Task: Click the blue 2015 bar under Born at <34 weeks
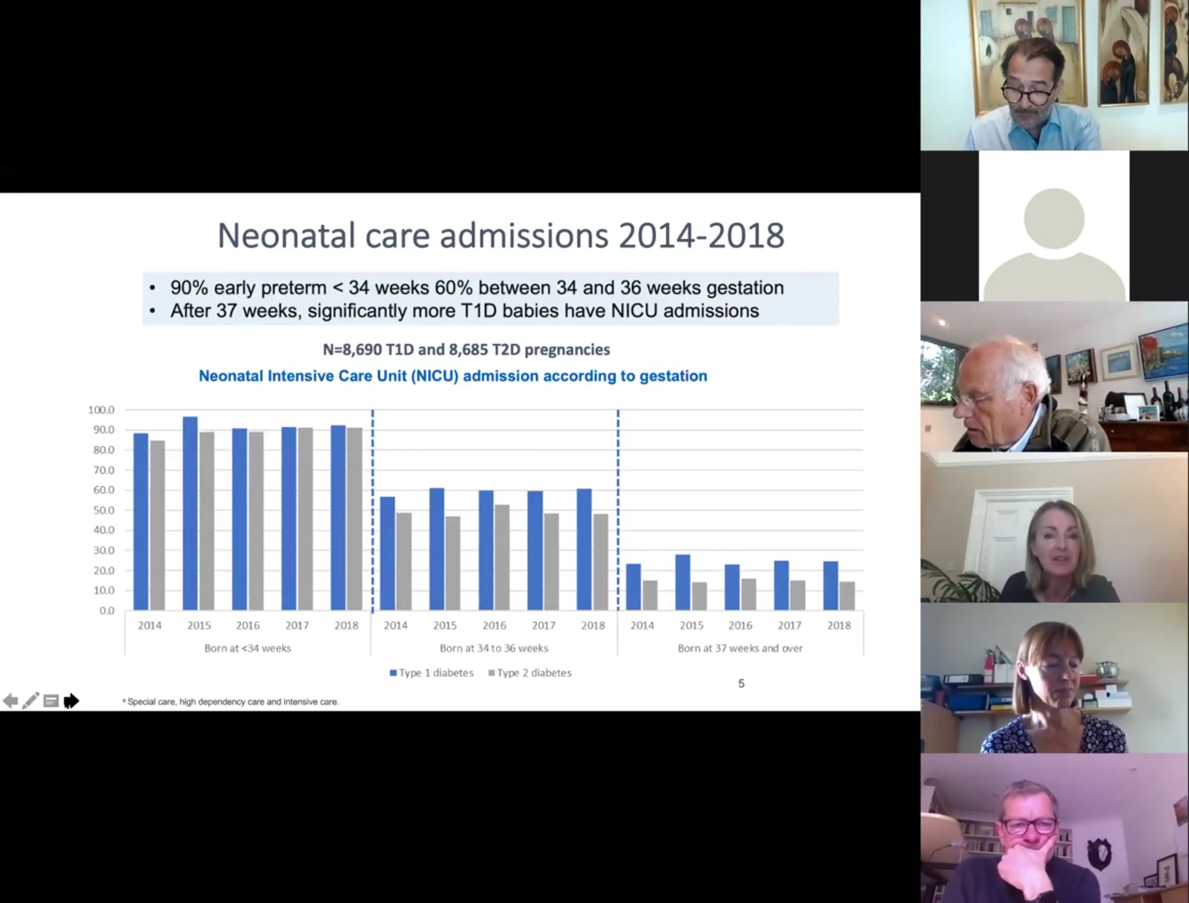190,513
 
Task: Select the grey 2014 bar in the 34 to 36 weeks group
404,561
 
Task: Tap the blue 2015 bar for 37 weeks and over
683,582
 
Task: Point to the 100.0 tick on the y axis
102,410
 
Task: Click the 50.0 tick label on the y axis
104,510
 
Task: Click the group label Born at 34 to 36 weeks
494,648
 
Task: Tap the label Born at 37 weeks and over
740,648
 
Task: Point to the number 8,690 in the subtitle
361,350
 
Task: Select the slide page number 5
741,684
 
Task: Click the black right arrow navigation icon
71,701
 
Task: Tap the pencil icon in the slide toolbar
31,700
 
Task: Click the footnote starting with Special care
230,702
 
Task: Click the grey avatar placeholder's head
1054,219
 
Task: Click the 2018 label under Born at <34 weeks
346,626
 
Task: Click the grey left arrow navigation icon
11,701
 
